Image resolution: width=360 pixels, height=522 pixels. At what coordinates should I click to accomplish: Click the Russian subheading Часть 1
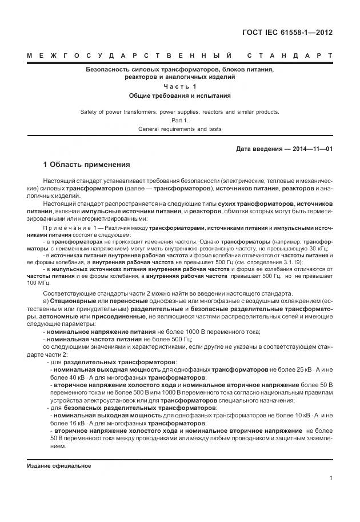(x=180, y=86)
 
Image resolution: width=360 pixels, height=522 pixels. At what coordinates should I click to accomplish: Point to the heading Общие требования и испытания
(x=180, y=96)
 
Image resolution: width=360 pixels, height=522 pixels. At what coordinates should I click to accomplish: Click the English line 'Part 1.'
(x=180, y=121)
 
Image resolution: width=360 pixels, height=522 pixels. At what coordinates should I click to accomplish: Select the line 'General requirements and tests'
(x=180, y=129)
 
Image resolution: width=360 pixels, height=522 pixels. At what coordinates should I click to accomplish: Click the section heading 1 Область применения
(x=86, y=165)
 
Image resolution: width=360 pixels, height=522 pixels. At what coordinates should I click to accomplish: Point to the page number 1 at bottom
(x=331, y=478)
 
